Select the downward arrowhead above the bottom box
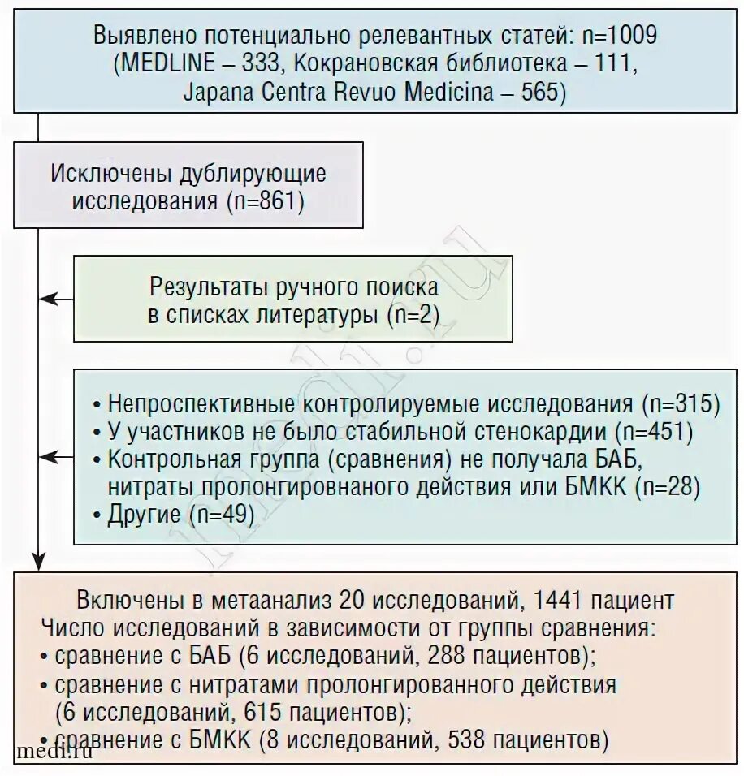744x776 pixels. (37, 560)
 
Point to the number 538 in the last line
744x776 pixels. (470, 739)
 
